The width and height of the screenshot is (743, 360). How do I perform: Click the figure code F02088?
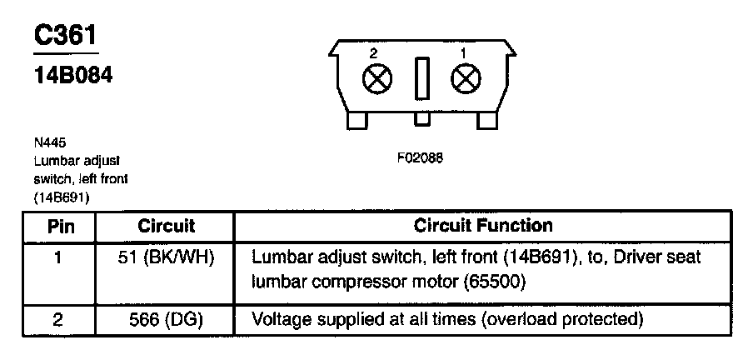(420, 159)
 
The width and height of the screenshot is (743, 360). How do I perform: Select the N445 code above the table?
(46, 142)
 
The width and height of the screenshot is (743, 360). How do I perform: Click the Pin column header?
(56, 226)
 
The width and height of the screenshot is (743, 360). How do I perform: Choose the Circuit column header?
(166, 226)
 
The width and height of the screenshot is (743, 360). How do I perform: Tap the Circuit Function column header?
(482, 226)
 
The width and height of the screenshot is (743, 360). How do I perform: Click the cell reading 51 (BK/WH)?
(166, 257)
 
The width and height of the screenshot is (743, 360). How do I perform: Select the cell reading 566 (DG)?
(166, 319)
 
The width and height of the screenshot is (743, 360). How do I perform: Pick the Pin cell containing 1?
(56, 257)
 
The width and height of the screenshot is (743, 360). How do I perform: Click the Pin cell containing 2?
(56, 319)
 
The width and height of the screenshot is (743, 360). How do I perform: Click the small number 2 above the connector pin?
(372, 52)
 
